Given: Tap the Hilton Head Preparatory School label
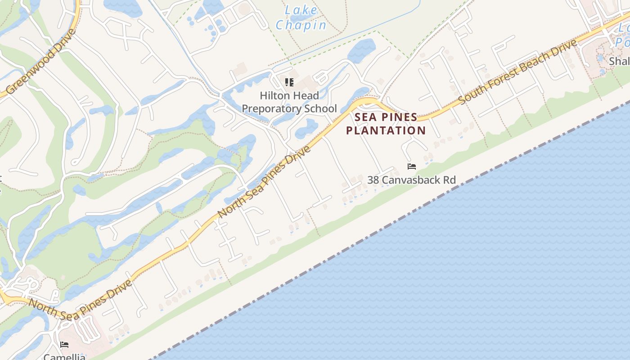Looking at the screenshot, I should pyautogui.click(x=289, y=102).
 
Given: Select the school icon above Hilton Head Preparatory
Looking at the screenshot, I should pyautogui.click(x=289, y=82).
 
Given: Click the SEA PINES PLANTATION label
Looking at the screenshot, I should pyautogui.click(x=386, y=124).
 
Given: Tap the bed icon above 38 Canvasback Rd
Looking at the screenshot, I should pyautogui.click(x=411, y=166).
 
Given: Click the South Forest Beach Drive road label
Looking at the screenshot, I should pyautogui.click(x=517, y=72).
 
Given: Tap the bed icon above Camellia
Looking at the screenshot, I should pyautogui.click(x=64, y=345).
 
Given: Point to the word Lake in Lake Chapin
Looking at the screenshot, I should pyautogui.click(x=301, y=10).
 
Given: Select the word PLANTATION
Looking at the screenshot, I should pyautogui.click(x=386, y=131).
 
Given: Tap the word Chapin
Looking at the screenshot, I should pyautogui.click(x=301, y=25).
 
